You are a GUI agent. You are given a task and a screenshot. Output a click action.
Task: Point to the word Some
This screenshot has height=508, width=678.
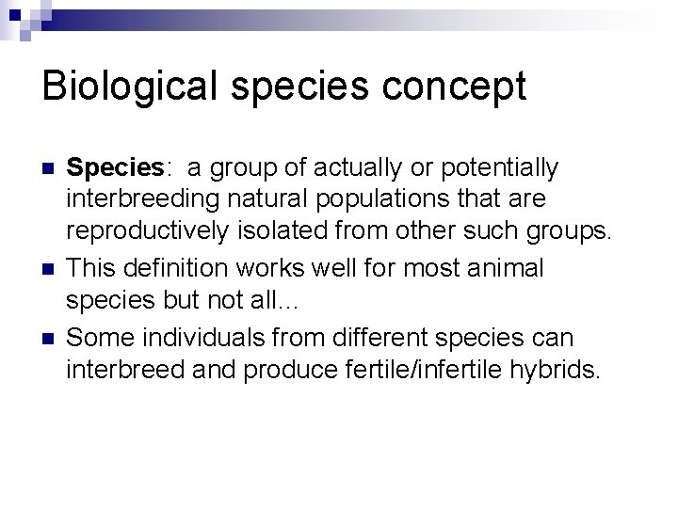[95, 337]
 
